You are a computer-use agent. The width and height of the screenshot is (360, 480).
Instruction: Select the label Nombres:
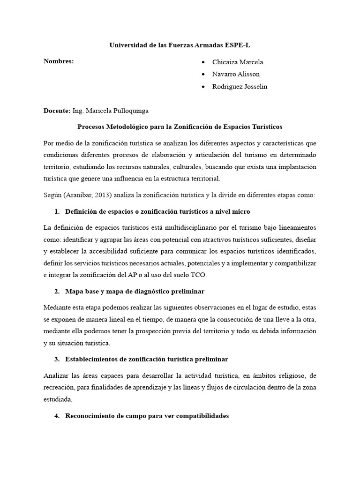(x=59, y=61)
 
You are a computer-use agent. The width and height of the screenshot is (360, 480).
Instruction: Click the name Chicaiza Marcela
(x=238, y=62)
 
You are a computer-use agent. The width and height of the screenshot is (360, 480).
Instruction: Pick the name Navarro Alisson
(x=236, y=74)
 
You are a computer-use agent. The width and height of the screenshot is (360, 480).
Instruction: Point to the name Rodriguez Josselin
(x=240, y=87)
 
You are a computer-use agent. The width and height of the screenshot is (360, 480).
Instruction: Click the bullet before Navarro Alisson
(x=202, y=75)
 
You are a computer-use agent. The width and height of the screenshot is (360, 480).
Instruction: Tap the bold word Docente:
(x=57, y=111)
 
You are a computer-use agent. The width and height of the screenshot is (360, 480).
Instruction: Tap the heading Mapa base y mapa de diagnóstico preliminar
(x=135, y=292)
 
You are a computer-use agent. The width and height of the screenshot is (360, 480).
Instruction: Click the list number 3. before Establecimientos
(x=57, y=359)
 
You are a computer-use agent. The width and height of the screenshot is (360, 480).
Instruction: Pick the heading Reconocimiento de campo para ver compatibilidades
(x=147, y=416)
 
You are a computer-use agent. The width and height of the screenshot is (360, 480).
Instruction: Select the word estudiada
(x=58, y=400)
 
